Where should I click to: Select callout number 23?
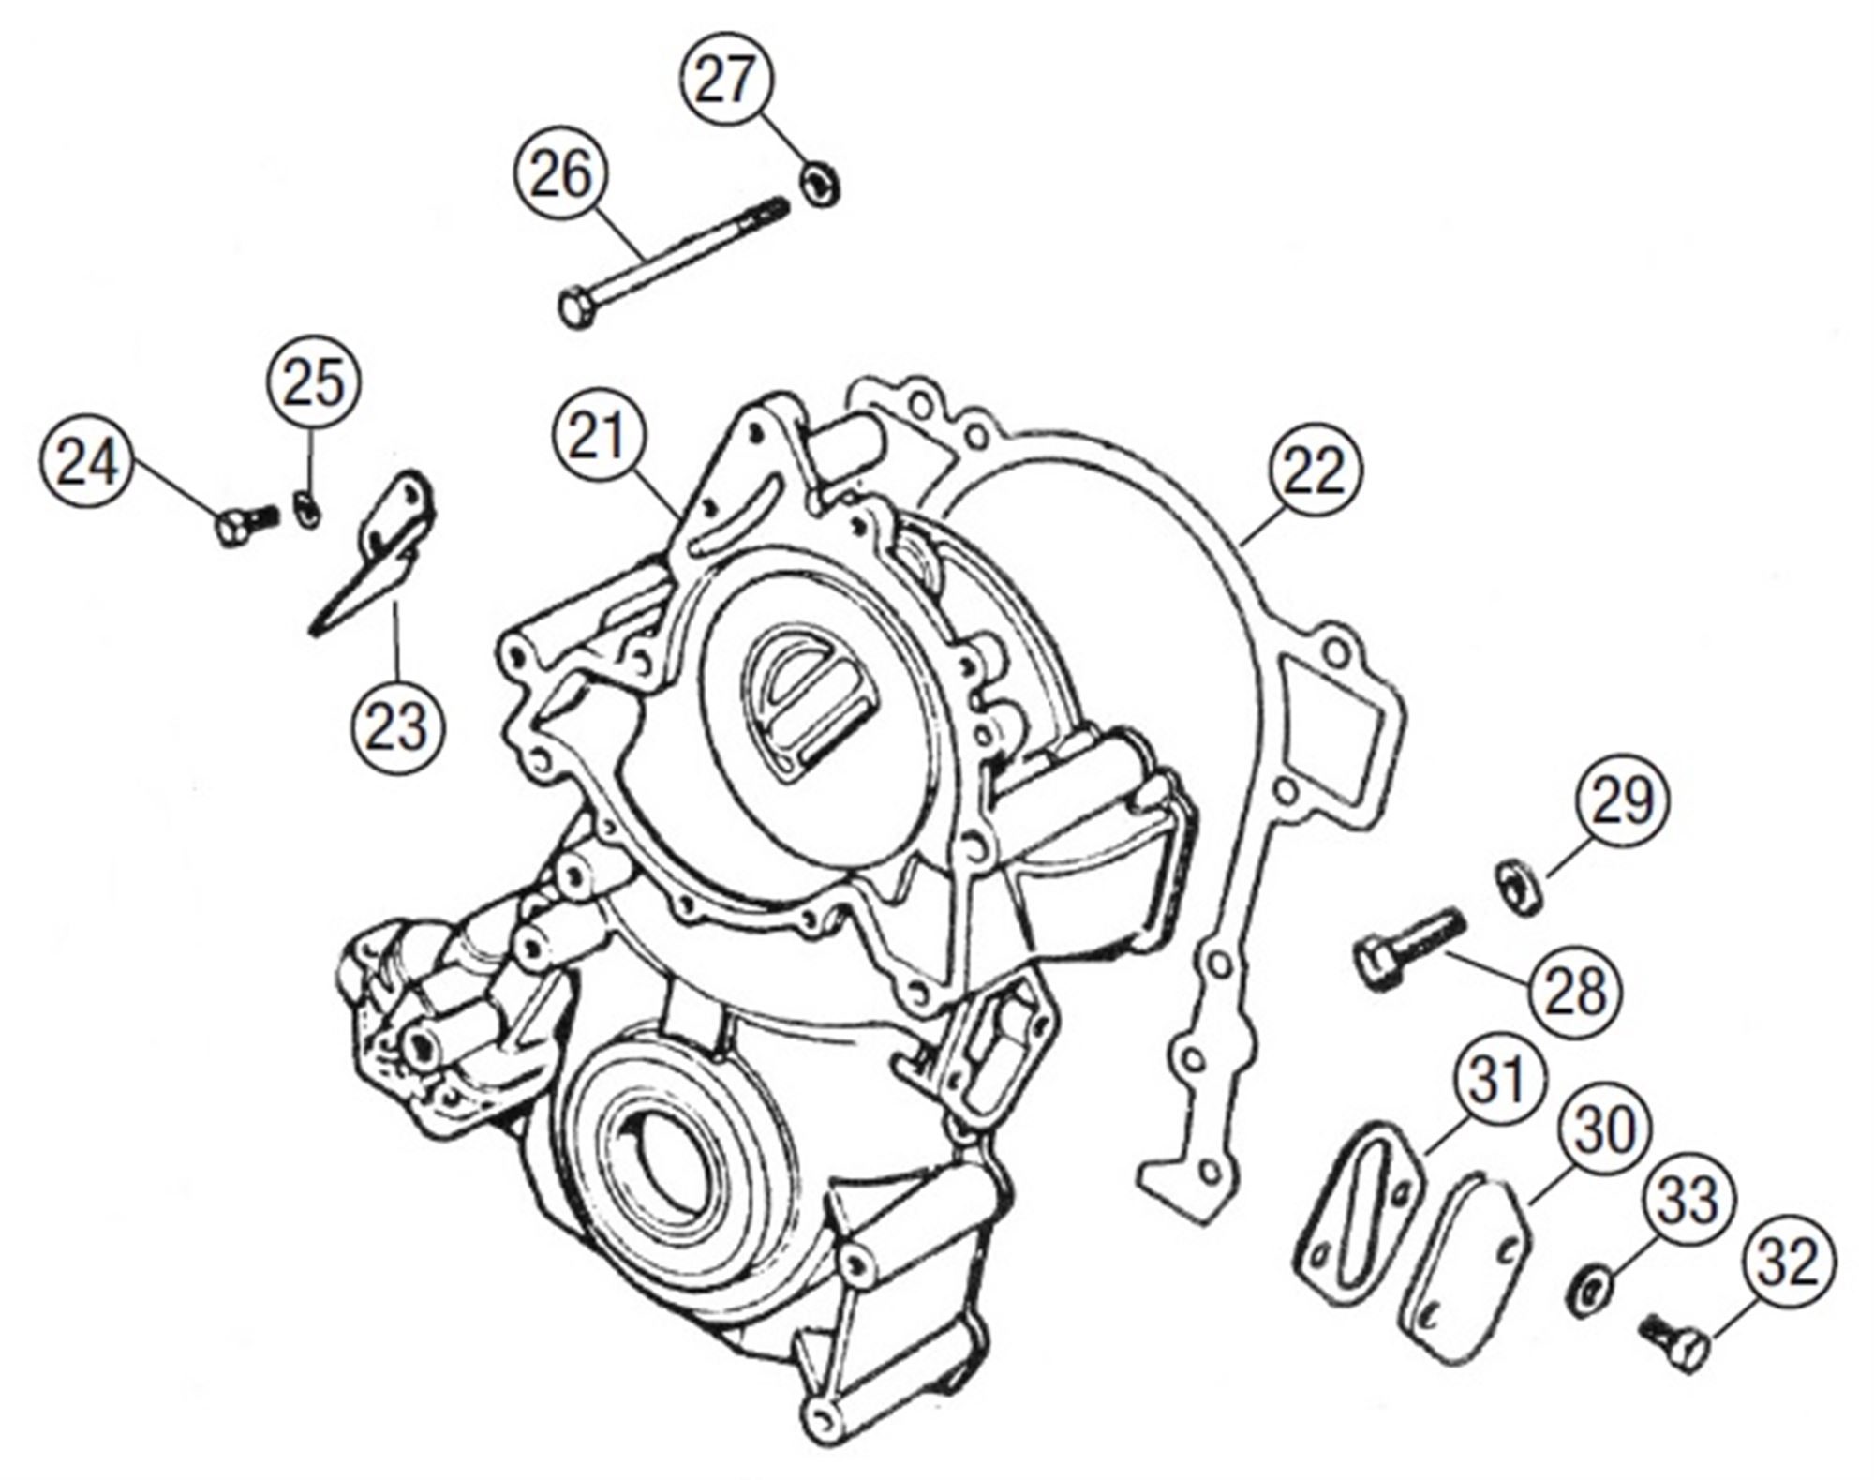396,726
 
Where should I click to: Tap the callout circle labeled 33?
1688,1200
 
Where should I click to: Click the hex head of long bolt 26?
574,309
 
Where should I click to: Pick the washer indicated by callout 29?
1517,886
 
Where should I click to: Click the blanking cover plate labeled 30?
1464,1273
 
